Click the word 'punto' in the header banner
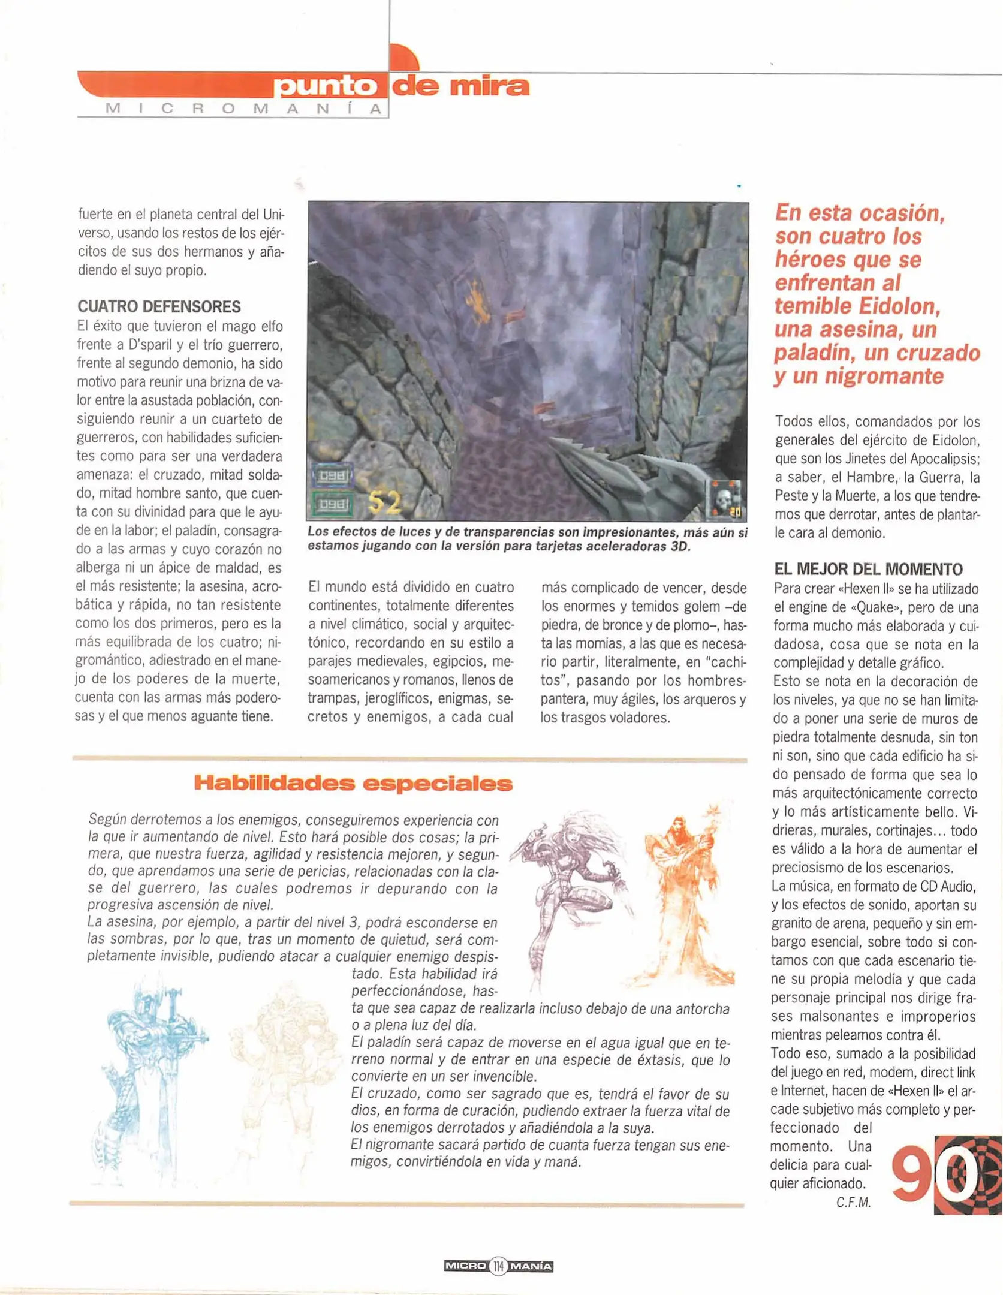[x=326, y=87]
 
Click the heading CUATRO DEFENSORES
[x=159, y=306]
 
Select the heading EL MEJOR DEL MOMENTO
[x=868, y=569]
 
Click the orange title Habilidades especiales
[x=353, y=784]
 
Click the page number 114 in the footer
[x=498, y=1267]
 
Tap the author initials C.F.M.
[x=853, y=1203]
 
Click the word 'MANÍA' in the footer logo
[x=531, y=1267]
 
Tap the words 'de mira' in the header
[x=460, y=87]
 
